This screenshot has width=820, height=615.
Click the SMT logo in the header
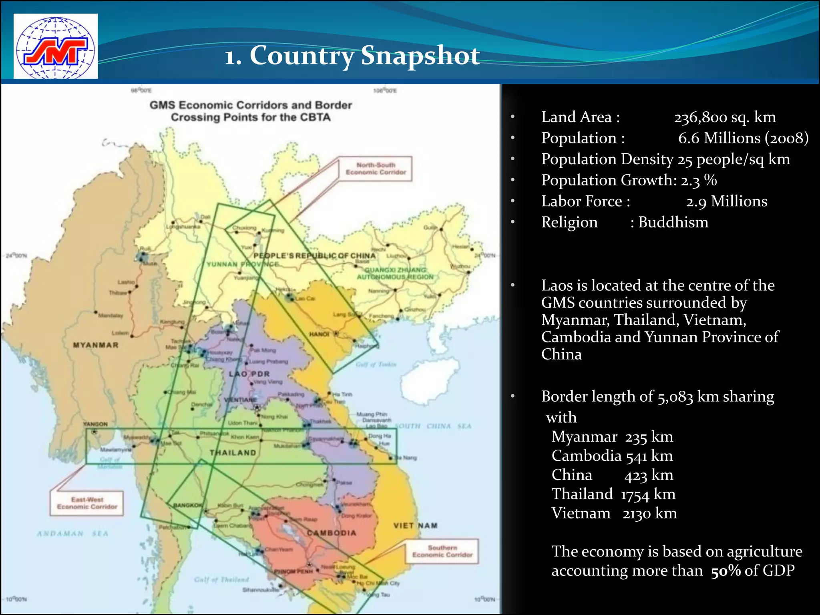56,46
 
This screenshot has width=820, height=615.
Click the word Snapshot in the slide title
420,56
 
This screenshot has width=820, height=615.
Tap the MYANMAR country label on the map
96,345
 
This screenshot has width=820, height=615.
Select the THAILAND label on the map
233,453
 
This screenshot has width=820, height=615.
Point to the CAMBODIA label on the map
332,533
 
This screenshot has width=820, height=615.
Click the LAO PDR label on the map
249,374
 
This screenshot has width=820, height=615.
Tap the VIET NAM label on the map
415,526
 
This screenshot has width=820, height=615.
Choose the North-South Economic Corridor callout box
376,169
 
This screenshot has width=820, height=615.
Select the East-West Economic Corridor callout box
87,503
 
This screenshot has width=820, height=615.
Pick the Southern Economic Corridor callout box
442,551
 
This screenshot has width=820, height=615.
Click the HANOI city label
319,334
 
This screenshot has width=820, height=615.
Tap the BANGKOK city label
188,505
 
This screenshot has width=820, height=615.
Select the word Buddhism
673,222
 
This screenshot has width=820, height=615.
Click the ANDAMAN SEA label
72,534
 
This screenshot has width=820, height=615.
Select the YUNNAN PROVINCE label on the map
243,264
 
